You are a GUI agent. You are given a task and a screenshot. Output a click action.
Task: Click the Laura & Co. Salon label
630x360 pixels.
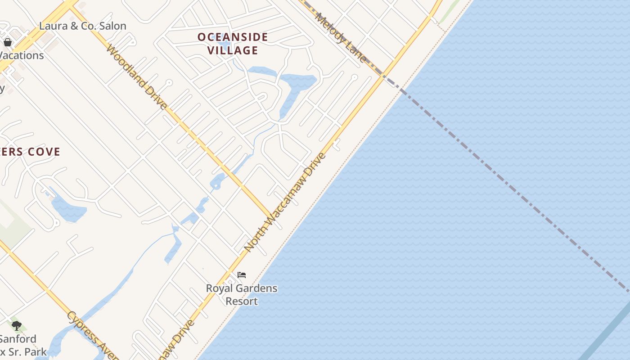click(82, 26)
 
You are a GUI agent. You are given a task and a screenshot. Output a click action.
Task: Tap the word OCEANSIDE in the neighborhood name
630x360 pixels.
click(233, 37)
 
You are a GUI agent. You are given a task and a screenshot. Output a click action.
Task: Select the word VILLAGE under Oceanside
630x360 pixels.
click(233, 50)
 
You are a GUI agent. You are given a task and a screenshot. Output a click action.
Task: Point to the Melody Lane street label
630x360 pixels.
click(341, 37)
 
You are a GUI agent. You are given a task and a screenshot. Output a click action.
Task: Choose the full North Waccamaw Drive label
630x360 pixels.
click(284, 202)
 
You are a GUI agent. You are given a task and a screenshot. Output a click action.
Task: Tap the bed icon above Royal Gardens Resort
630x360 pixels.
click(242, 275)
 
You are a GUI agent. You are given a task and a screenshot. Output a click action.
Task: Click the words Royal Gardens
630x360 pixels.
click(242, 288)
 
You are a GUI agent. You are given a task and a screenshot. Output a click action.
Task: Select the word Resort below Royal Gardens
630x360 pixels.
click(242, 301)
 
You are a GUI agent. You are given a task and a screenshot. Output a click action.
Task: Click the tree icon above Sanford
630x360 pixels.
click(17, 325)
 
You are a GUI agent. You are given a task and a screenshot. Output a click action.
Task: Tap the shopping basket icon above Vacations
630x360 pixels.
click(8, 42)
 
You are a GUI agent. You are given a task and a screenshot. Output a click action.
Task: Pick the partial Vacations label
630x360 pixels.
click(22, 55)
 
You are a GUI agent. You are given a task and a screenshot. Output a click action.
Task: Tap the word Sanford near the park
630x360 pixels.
click(18, 339)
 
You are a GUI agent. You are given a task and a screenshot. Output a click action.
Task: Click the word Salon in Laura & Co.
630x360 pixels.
click(112, 26)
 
